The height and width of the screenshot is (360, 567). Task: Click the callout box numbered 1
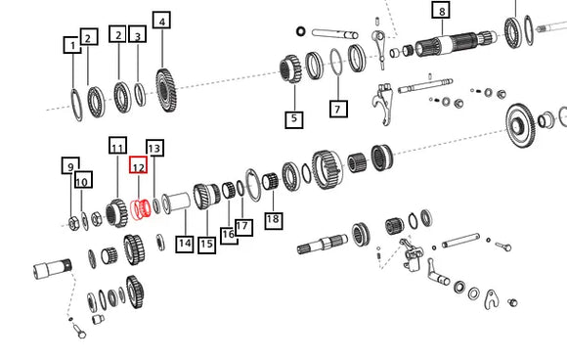click(72, 45)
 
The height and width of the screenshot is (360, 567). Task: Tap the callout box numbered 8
click(441, 10)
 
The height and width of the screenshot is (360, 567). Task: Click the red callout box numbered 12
click(139, 165)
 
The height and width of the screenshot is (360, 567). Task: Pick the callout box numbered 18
click(274, 219)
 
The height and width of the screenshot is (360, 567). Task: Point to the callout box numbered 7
click(338, 109)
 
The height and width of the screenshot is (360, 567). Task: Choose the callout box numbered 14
click(185, 244)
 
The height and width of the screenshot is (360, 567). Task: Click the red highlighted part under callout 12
click(141, 209)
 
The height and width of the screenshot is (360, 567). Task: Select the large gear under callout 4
click(166, 90)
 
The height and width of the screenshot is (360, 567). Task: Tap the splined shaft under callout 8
click(457, 43)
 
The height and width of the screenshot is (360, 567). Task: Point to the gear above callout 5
click(290, 68)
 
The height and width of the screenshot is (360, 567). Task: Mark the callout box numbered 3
click(138, 34)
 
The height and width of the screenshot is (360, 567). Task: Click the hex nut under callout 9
click(73, 223)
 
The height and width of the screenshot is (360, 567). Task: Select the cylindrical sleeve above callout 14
click(177, 202)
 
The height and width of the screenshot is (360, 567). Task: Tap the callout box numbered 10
click(83, 180)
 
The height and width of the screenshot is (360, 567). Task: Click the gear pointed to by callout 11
click(116, 213)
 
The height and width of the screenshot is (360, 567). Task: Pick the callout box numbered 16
click(229, 235)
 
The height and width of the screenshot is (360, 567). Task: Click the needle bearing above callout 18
click(272, 181)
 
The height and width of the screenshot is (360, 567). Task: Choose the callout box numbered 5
click(294, 119)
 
